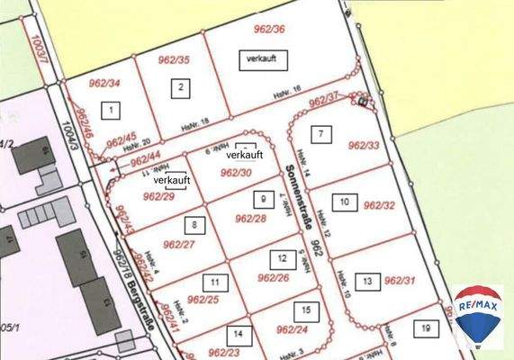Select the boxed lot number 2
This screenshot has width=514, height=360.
(181, 88)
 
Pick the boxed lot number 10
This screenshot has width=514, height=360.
(343, 202)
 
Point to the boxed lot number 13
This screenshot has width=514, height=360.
(366, 282)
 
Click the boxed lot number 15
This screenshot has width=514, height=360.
(307, 310)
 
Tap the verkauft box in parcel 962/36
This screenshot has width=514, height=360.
(260, 59)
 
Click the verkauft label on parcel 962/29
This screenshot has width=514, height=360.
(170, 180)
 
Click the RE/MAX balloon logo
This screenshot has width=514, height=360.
(477, 315)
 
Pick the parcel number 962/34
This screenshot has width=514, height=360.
(102, 84)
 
